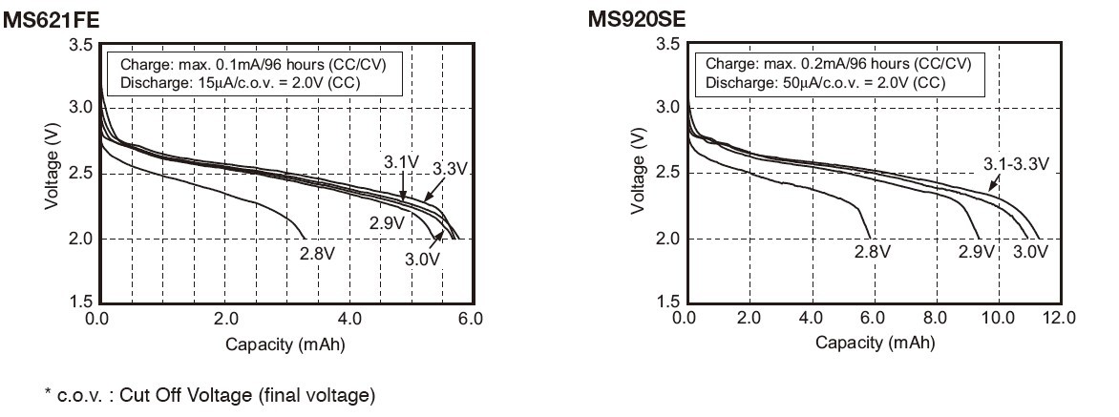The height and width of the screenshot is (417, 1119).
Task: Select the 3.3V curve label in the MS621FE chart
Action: [449, 169]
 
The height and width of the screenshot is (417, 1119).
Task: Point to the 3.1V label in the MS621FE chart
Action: [401, 162]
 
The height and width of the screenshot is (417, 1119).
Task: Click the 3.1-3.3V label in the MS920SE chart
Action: [1016, 164]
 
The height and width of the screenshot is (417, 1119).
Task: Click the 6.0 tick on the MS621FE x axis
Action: [472, 317]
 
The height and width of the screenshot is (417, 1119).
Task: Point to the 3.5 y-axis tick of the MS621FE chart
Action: [81, 45]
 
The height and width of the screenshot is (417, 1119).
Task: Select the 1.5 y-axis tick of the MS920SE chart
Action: [668, 302]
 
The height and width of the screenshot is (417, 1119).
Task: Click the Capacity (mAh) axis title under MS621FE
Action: [285, 344]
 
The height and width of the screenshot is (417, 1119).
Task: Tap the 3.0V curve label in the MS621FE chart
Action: [422, 259]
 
